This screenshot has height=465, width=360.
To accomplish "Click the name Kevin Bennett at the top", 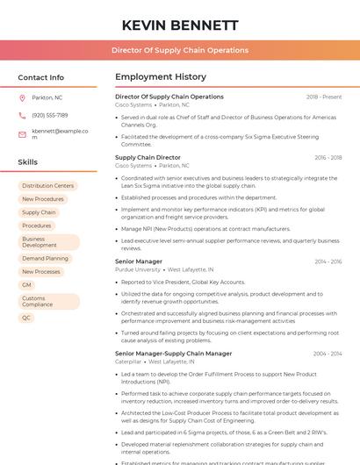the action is [x=180, y=25].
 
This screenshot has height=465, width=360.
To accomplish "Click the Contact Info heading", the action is [x=41, y=77].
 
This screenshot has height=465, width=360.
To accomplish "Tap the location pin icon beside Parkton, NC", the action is [x=23, y=97].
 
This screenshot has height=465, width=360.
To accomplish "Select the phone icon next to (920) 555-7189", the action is [x=23, y=115].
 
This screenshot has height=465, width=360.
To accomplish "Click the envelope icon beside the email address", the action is [x=23, y=133].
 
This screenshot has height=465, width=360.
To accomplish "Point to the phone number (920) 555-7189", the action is [x=50, y=115].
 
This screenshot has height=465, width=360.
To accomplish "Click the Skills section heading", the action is [x=28, y=162].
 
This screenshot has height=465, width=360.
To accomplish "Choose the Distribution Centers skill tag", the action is [x=48, y=186].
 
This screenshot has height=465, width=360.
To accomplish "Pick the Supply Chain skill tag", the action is [x=39, y=212].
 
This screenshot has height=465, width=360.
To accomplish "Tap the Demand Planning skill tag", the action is [x=45, y=259].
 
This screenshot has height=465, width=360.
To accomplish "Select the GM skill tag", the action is [x=26, y=285].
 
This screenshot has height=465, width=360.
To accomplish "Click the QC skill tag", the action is [x=26, y=318].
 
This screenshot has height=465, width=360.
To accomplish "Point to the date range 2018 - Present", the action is [x=324, y=97].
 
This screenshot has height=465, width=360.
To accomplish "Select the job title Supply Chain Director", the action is [x=148, y=157].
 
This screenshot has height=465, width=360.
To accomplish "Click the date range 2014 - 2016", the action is [x=328, y=261].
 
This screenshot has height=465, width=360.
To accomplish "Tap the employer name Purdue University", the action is [x=138, y=269].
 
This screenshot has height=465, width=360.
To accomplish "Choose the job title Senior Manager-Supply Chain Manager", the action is [x=174, y=354].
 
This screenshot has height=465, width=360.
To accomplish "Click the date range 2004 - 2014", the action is [x=328, y=354].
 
